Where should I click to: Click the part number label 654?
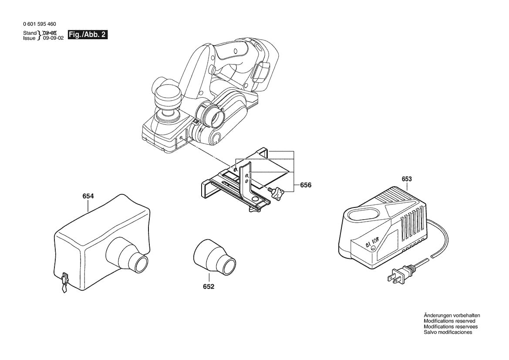pos(88,197)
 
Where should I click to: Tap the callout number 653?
pos(407,179)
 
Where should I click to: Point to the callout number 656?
pos(306,185)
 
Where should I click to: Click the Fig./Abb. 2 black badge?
pos(88,35)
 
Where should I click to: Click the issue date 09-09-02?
pos(53,38)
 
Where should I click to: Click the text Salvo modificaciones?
pos(448,332)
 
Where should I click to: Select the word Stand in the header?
pos(30,33)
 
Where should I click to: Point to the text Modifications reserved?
pos(449,321)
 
